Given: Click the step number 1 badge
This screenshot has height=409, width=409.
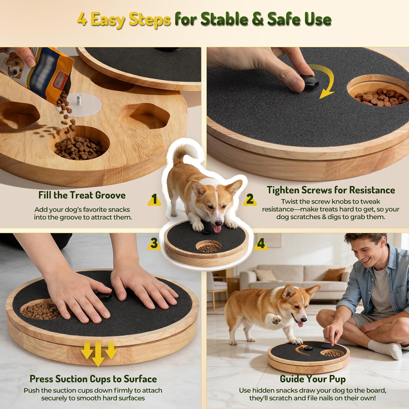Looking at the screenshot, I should click(x=154, y=199).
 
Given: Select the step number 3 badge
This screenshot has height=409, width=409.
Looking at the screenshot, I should click(x=154, y=243).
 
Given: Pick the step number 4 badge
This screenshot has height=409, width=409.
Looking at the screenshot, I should click(x=261, y=243).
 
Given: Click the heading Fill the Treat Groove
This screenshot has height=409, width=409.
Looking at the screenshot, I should click(x=82, y=195).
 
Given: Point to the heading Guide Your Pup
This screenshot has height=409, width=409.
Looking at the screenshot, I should click(x=312, y=379).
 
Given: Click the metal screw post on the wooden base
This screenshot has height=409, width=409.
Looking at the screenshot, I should click(x=79, y=99).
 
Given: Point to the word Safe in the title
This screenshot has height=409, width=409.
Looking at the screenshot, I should click(x=284, y=19).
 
